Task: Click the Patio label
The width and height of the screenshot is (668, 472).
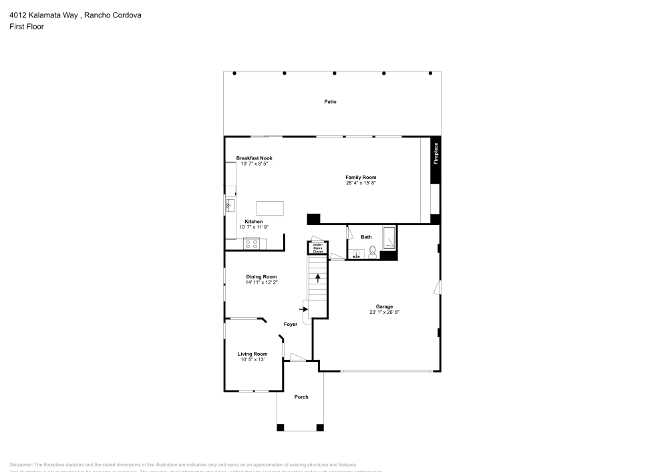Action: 331,102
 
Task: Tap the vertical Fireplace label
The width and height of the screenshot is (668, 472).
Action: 436,153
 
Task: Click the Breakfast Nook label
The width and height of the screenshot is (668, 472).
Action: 254,158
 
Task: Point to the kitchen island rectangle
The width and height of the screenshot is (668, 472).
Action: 270,208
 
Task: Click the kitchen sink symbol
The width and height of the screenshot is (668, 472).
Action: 230,204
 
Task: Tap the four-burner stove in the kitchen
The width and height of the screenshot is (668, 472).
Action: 252,244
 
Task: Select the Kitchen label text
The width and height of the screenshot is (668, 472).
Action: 253,222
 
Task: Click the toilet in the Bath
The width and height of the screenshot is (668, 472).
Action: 373,253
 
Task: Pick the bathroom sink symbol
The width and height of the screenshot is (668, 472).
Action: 356,254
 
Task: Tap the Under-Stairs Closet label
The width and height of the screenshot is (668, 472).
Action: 317,248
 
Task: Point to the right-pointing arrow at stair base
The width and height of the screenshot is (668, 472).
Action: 303,309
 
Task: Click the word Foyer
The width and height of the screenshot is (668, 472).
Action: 291,324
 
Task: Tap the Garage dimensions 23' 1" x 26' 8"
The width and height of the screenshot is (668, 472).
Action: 384,312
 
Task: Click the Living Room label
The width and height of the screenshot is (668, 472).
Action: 253,354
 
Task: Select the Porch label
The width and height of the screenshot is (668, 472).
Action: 301,397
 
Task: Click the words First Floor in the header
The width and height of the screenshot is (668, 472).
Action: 27,27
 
